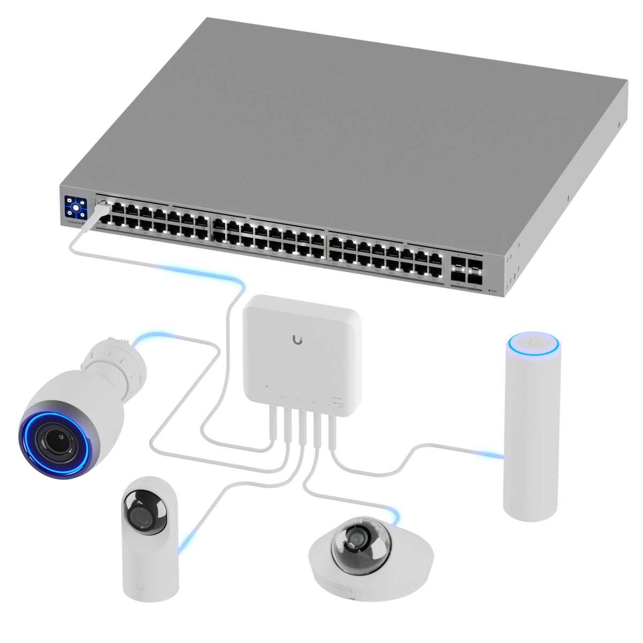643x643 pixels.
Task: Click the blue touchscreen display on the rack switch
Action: [x=76, y=206]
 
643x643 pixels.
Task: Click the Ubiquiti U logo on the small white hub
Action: [x=298, y=340]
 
